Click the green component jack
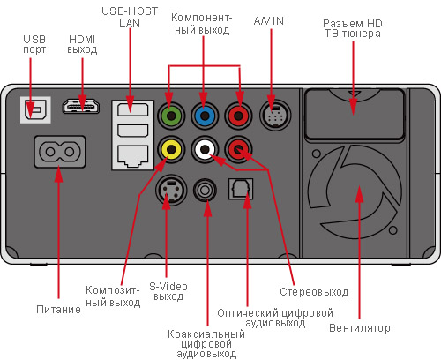tap(171, 116)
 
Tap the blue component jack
tap(205, 116)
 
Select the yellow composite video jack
tap(171, 149)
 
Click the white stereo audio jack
tap(205, 149)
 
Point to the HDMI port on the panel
tap(80, 107)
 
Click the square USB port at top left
tap(35, 110)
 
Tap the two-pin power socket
tap(60, 152)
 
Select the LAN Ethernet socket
tap(132, 156)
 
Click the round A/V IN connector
tap(275, 115)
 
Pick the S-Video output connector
tap(171, 190)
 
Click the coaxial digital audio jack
tap(205, 190)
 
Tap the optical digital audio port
tap(241, 189)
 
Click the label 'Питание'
tap(58, 310)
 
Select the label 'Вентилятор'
tap(360, 328)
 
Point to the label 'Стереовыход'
tap(314, 292)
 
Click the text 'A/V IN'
tap(269, 21)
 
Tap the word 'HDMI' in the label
tap(82, 39)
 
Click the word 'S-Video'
tap(168, 286)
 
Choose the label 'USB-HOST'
tap(130, 11)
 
